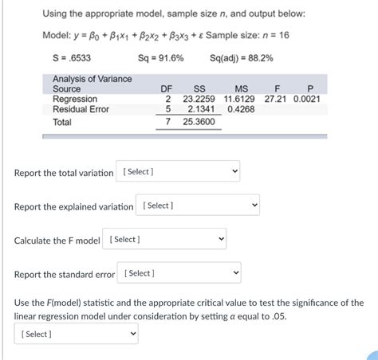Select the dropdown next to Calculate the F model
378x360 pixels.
166,240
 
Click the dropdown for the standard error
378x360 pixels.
180,274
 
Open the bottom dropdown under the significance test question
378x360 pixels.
76,335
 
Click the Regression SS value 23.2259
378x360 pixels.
200,100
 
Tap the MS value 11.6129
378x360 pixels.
239,100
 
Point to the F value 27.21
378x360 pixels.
276,100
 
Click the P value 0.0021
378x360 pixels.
307,100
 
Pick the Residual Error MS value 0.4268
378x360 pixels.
241,110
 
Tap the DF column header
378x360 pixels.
167,89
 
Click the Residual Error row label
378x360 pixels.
81,110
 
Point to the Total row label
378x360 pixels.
62,123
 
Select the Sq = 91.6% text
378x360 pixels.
160,58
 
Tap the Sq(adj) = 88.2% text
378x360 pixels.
241,58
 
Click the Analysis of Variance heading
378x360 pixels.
93,79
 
